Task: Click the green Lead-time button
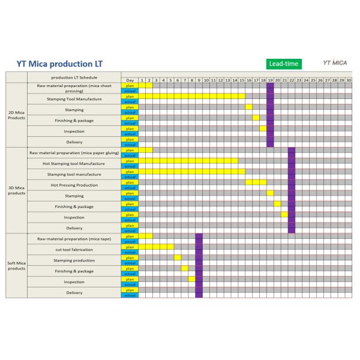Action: point(284,63)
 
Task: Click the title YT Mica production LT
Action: point(55,64)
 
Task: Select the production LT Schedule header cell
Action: point(74,77)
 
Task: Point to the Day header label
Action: point(130,80)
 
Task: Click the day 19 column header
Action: point(270,80)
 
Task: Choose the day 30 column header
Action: point(349,80)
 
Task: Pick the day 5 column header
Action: point(170,80)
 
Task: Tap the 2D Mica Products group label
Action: point(16,115)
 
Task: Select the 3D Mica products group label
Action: point(16,190)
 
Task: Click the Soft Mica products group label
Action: point(16,266)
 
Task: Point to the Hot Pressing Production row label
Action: point(74,185)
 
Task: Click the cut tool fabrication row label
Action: point(74,249)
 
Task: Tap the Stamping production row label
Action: point(74,260)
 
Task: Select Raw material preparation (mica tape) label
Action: point(74,238)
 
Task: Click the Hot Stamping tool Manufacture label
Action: point(74,163)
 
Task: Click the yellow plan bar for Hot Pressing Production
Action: point(256,182)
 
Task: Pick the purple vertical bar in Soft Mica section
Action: point(199,265)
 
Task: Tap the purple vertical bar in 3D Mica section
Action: point(292,190)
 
